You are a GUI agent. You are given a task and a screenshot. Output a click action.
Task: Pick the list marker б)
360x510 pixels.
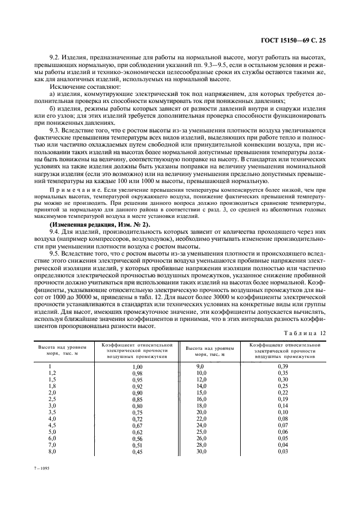click(53, 107)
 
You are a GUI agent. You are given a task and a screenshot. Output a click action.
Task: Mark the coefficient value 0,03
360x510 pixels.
click(283, 452)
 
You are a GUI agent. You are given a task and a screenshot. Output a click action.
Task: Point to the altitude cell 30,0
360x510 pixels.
click(202, 452)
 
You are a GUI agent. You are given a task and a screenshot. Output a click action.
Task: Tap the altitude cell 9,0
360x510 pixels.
click(200, 367)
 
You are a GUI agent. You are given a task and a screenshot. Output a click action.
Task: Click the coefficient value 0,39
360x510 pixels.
click(283, 367)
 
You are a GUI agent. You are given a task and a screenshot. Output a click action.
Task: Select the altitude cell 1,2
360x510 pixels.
click(52, 373)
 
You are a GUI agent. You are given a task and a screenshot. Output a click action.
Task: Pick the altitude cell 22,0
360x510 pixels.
click(202, 419)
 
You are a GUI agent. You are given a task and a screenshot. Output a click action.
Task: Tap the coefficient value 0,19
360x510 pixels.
click(283, 399)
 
